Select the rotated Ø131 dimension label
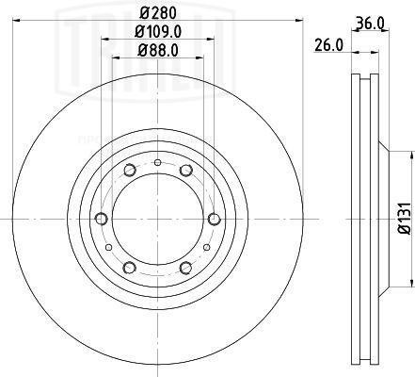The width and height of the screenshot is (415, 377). [401, 218]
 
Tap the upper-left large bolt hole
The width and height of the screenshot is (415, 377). [129, 170]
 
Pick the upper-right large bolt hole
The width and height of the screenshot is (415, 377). [185, 170]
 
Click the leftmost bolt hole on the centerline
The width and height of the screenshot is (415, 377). [101, 220]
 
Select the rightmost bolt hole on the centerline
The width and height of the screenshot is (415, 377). [215, 220]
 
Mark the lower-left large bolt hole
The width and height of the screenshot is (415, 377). [129, 269]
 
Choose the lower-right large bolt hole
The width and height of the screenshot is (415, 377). [185, 269]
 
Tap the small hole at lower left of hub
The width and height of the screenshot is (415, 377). [110, 247]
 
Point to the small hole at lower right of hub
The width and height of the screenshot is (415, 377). [205, 247]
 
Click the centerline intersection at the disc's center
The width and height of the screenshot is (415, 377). [157, 220]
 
